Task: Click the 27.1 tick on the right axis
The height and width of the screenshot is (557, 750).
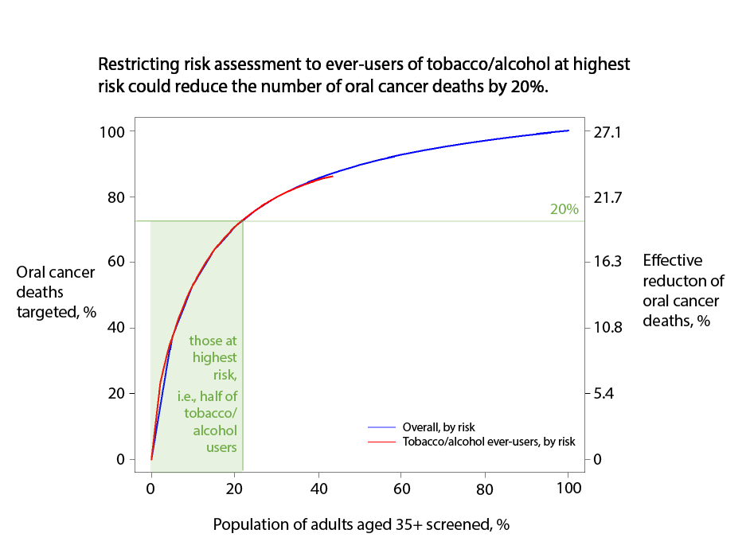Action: click(607, 131)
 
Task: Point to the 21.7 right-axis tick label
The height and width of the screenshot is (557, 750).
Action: click(607, 197)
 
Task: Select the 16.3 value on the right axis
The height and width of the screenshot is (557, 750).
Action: click(607, 262)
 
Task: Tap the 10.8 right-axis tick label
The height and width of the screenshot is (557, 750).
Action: click(607, 328)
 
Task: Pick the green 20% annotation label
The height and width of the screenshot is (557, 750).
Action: click(564, 210)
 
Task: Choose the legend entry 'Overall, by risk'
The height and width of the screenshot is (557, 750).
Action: click(439, 427)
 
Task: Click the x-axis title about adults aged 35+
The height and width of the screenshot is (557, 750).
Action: click(361, 525)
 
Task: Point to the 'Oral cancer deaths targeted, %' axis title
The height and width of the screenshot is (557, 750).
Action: click(56, 292)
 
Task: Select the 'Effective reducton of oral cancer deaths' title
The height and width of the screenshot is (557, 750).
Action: click(683, 290)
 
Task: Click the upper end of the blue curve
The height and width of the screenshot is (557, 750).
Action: click(568, 130)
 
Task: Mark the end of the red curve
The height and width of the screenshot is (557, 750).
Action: click(332, 176)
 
